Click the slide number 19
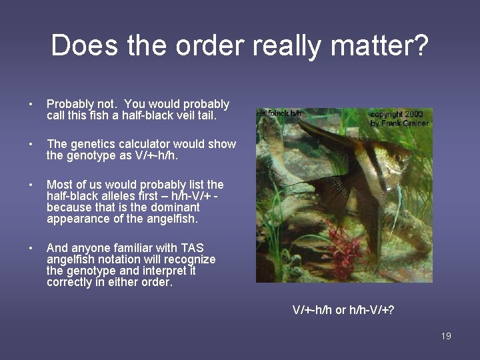446,336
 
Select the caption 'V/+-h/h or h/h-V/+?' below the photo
343,309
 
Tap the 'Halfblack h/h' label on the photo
279,113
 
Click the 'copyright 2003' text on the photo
397,114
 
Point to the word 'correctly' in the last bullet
70,282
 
